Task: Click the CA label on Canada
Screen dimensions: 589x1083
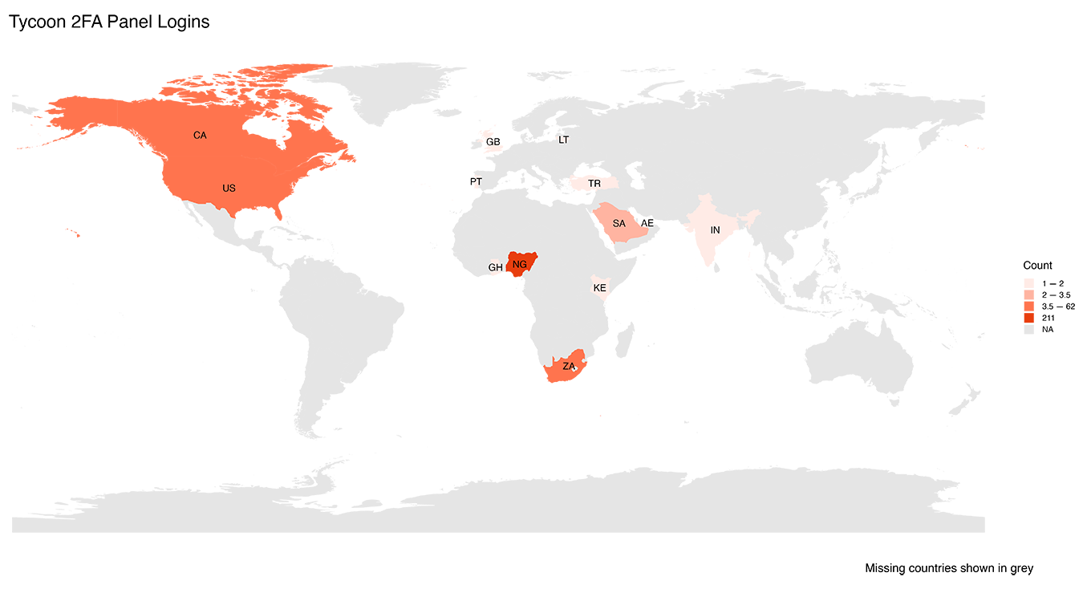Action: coord(200,136)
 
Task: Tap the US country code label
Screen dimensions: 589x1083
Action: coord(229,189)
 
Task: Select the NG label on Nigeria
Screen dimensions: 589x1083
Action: coord(520,264)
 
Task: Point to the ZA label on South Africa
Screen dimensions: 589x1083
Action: coord(569,367)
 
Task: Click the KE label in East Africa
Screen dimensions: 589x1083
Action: coord(599,288)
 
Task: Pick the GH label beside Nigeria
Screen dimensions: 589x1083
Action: coord(495,268)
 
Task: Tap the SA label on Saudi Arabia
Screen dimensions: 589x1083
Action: coord(619,224)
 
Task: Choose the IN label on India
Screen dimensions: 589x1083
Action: coord(715,230)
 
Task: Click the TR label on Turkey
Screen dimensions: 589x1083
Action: coord(594,184)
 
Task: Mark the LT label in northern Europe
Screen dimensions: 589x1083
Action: coord(563,140)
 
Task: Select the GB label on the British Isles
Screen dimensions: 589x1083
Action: coord(492,142)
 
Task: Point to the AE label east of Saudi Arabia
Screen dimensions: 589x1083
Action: coord(647,223)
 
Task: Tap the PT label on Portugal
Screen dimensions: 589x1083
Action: coord(478,183)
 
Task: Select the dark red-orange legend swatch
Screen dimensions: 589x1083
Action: coord(1028,318)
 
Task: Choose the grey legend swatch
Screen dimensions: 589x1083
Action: coord(1028,329)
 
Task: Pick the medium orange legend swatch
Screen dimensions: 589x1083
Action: coord(1028,307)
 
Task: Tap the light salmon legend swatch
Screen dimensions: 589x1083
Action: coord(1028,295)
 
